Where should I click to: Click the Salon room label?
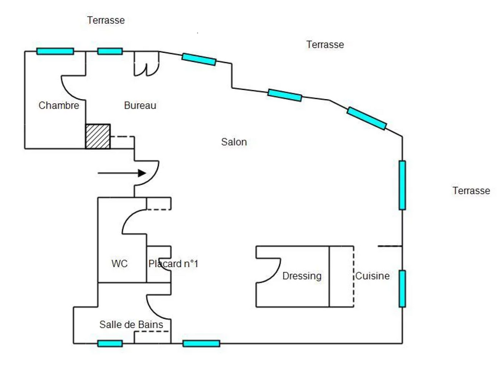[x=234, y=142]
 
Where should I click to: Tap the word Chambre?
[x=59, y=106]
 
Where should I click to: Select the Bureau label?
[x=140, y=106]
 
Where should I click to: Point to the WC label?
[x=119, y=264]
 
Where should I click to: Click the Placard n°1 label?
[x=173, y=264]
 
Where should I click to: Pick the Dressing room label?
[x=302, y=276]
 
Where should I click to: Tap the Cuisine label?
[x=372, y=276]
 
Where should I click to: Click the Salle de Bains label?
[x=131, y=325]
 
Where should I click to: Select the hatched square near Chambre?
[x=97, y=136]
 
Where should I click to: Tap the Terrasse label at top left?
[x=106, y=20]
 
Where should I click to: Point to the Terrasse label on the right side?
[x=471, y=191]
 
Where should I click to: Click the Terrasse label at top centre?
[x=325, y=45]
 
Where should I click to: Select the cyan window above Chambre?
[x=55, y=51]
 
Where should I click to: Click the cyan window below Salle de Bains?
[x=110, y=344]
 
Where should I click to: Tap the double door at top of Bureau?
[x=146, y=64]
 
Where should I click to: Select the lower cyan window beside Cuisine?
[x=402, y=288]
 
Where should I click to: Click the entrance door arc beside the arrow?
[x=148, y=173]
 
